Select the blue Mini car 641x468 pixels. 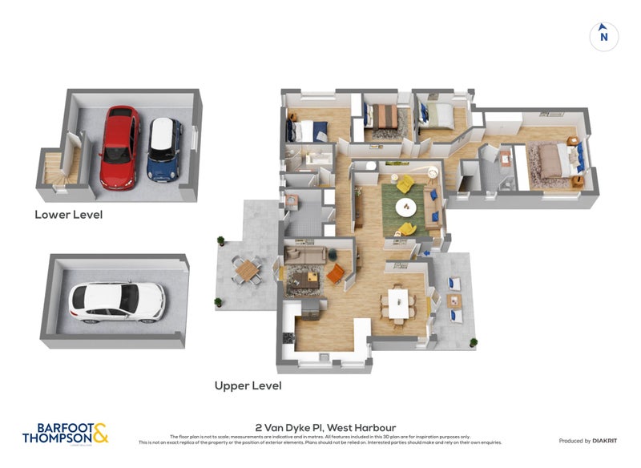click(x=165, y=150)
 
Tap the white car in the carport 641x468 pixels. click(x=118, y=301)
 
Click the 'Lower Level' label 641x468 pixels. click(x=68, y=215)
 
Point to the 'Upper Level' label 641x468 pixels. click(x=248, y=385)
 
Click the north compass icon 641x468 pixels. click(x=604, y=35)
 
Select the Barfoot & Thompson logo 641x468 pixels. click(x=65, y=434)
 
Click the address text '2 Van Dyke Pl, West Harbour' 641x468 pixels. click(x=325, y=427)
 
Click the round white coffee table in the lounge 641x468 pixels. click(x=407, y=207)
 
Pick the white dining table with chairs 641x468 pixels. click(x=398, y=303)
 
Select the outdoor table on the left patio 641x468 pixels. click(x=247, y=269)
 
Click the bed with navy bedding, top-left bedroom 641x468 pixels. click(x=308, y=129)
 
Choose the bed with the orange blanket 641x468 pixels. click(x=382, y=117)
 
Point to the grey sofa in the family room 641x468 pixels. click(x=305, y=254)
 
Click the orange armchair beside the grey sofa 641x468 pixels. click(x=335, y=273)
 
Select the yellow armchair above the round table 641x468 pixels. click(x=405, y=184)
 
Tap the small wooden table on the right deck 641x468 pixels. click(x=455, y=301)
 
